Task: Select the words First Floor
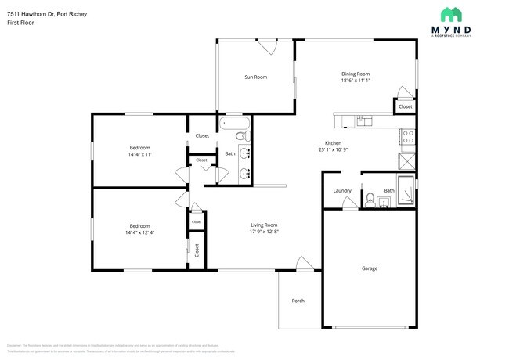tap(20, 23)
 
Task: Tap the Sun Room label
tap(255, 77)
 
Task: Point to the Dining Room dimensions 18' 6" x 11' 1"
tap(355, 81)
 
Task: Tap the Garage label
tap(369, 268)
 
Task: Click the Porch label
tap(298, 301)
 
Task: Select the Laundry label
tap(341, 190)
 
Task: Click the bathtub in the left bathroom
tap(234, 124)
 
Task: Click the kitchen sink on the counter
tap(364, 121)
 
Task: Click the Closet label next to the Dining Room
tap(405, 106)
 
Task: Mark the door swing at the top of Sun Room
tap(269, 46)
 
